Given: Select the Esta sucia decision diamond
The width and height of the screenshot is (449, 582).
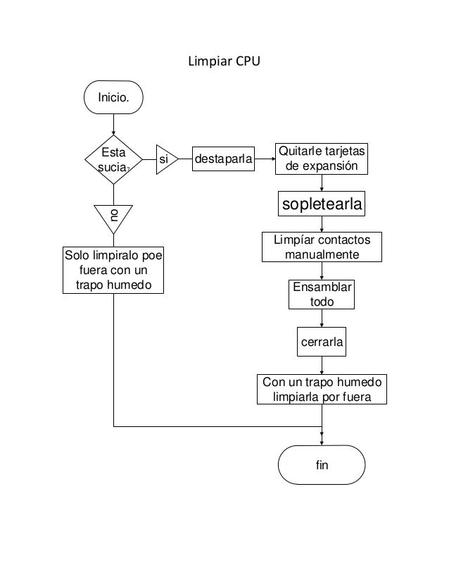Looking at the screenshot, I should coord(113,160).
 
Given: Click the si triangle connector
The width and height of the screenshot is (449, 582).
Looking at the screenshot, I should coord(165,160).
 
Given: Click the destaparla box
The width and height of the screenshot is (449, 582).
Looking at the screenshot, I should coord(223,160).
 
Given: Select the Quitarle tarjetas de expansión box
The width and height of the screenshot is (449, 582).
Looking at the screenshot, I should coord(323,160).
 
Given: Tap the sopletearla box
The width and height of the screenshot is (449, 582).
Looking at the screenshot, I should coord(322,204).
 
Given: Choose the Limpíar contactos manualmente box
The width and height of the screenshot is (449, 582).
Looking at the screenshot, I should coord(322,247).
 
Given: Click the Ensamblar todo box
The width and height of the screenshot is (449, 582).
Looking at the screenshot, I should coord(322,295).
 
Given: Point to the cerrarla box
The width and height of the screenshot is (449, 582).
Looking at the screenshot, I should coord(322,343).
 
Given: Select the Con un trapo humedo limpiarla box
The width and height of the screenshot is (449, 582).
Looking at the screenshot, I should coord(322,390).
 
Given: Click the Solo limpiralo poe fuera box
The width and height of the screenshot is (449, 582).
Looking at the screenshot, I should coord(113,269).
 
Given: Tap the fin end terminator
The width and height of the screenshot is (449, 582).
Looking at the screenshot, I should coord(322,466).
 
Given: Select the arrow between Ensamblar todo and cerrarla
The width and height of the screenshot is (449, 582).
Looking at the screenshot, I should coord(322,318).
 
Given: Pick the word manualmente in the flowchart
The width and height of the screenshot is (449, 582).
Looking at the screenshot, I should coord(322,254).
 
